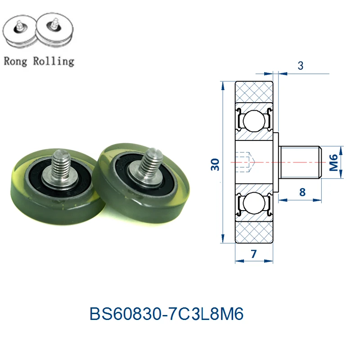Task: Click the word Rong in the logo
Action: point(15,62)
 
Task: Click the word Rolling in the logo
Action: point(54,61)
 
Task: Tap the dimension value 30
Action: point(215,164)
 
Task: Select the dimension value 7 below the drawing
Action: point(253,254)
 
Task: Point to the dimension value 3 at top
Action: point(300,66)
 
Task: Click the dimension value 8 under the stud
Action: point(302,192)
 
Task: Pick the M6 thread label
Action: point(333,162)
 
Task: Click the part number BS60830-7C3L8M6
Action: point(166,314)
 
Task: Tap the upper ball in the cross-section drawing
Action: point(254,121)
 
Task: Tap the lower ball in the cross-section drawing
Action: point(254,203)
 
